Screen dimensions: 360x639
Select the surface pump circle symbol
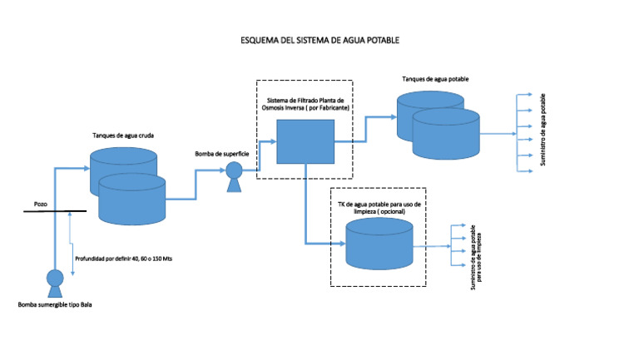234,170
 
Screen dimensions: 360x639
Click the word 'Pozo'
41,202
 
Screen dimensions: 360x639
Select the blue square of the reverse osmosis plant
305,141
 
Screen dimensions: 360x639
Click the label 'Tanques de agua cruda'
121,135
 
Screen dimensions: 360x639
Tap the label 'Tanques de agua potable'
434,78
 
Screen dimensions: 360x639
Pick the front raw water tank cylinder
131,200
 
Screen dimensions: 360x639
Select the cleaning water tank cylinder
379,247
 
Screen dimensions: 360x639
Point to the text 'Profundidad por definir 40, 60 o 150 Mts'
123,259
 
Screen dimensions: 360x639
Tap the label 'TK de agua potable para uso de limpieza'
379,208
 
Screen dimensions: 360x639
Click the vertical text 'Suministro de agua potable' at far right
544,130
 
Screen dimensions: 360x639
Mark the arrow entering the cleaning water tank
339,244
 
